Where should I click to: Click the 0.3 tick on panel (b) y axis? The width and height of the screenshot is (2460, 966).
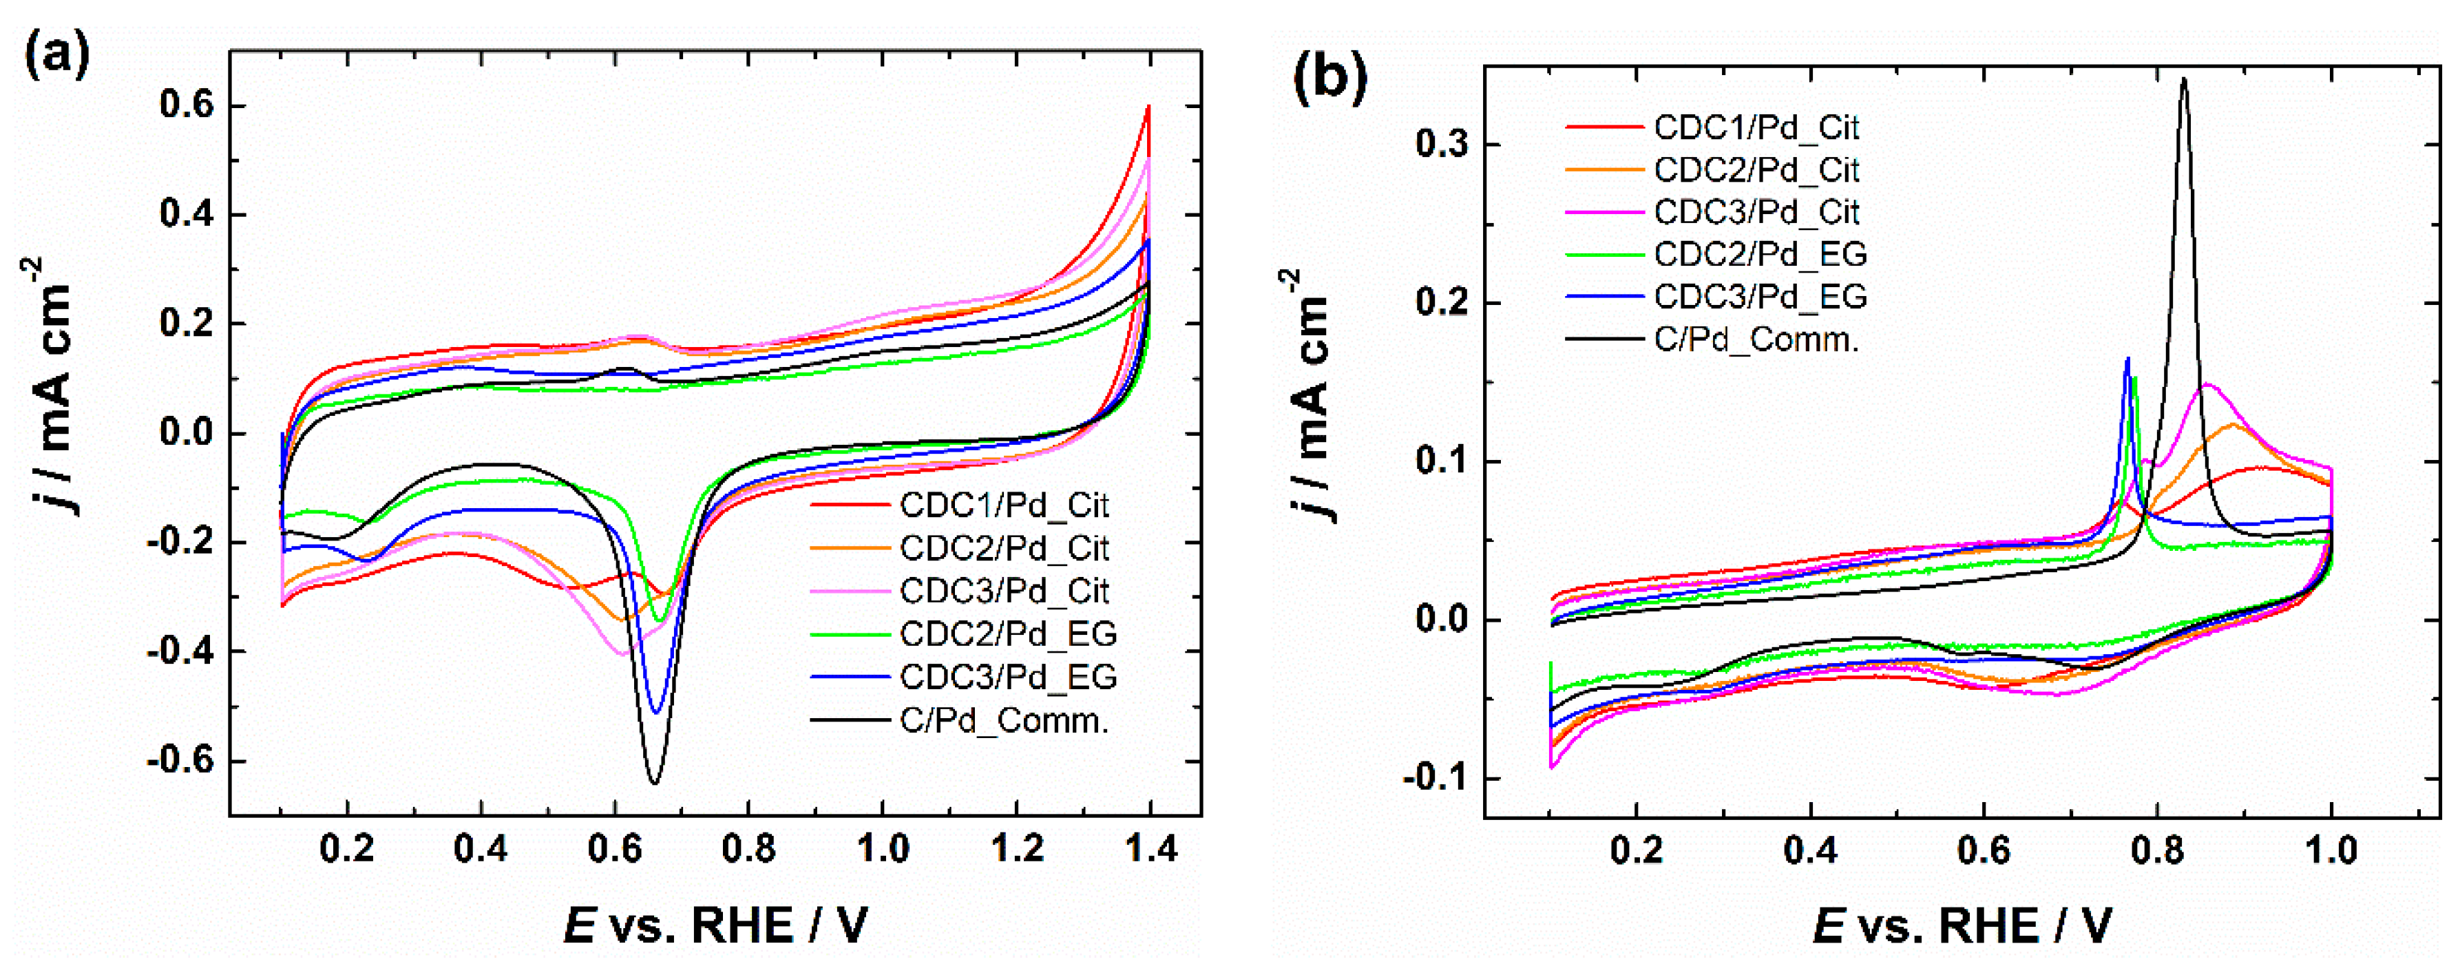(x=1442, y=145)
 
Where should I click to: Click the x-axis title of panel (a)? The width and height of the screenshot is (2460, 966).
(x=716, y=925)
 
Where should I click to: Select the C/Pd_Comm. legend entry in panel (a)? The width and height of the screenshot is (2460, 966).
(x=1002, y=721)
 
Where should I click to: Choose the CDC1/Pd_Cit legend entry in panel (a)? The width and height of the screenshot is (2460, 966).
(x=1002, y=505)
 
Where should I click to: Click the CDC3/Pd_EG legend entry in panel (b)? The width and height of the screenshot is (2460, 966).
(x=1759, y=297)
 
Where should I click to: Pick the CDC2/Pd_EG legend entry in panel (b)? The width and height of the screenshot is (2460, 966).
(x=1759, y=254)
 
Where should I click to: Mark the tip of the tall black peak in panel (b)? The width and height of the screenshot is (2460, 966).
(x=2184, y=79)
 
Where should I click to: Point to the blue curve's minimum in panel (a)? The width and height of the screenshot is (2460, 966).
(x=655, y=712)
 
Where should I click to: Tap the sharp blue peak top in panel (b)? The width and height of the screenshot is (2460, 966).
(x=2127, y=359)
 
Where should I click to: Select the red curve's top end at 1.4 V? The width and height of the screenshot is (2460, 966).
(x=1149, y=106)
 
